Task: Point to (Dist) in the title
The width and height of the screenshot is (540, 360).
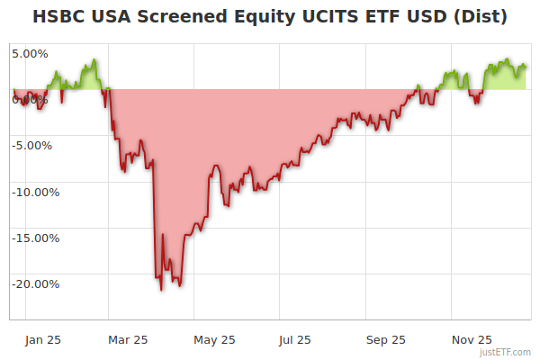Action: click(x=481, y=17)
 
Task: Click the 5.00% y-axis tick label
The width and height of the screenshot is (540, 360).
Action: click(x=30, y=53)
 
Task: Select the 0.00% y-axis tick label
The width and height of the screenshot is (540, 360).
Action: click(x=30, y=99)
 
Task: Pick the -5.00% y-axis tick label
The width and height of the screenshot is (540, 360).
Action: click(x=32, y=145)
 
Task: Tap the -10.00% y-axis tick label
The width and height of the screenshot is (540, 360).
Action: click(x=35, y=191)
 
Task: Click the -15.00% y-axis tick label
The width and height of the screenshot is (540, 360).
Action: click(x=35, y=238)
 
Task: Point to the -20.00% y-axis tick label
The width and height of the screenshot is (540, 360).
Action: click(x=35, y=283)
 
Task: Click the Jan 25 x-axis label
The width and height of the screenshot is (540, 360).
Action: click(x=42, y=339)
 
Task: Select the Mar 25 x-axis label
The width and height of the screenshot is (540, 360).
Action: click(x=128, y=339)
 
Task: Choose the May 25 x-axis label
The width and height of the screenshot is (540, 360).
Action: click(x=214, y=339)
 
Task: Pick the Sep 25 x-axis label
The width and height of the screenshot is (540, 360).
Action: click(x=386, y=339)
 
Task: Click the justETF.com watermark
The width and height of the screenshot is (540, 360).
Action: click(x=507, y=353)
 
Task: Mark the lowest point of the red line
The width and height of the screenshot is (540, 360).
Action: click(x=162, y=290)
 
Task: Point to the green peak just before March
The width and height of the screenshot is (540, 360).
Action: click(x=94, y=61)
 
